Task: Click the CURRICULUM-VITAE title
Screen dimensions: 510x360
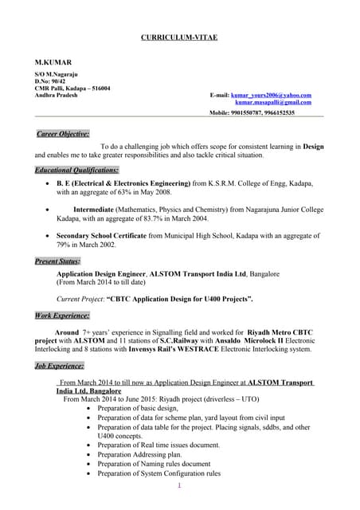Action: click(x=179, y=37)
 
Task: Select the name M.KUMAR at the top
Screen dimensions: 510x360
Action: click(x=53, y=61)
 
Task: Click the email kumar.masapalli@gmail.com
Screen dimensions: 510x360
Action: click(x=273, y=102)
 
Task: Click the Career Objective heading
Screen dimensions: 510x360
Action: click(x=63, y=134)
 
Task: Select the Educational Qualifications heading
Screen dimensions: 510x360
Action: click(x=76, y=170)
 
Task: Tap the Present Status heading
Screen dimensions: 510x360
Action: click(x=57, y=261)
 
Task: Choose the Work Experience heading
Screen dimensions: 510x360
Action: click(x=62, y=316)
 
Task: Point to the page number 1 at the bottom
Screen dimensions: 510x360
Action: click(x=179, y=485)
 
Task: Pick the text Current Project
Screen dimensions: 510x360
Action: click(x=80, y=298)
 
